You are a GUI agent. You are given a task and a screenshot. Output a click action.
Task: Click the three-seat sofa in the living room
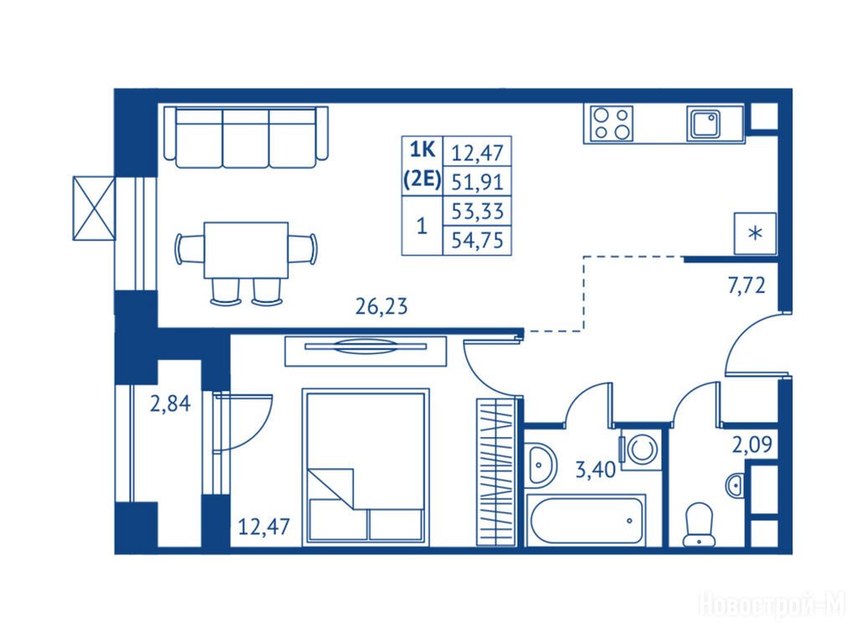coord(246,137)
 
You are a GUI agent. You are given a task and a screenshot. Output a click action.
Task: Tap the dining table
coord(246,250)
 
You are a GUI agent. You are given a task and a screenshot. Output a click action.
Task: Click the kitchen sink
coord(704,125)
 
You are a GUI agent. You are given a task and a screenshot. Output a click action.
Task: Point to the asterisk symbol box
coord(756,234)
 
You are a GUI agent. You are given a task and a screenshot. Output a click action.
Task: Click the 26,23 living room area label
coord(382,306)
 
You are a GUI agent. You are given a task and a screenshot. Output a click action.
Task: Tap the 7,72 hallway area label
coord(746,285)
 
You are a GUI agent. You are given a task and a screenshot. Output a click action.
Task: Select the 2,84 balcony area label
coord(171,404)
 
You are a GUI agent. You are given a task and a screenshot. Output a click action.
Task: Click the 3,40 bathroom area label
coord(595,469)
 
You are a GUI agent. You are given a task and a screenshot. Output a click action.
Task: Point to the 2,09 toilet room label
coord(752,445)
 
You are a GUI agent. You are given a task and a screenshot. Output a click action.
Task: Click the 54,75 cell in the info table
coord(477,240)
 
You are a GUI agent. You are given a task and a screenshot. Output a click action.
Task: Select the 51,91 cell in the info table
coord(477,181)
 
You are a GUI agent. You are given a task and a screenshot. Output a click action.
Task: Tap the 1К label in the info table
coord(422,149)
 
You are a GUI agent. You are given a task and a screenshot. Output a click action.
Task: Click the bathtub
coord(586,519)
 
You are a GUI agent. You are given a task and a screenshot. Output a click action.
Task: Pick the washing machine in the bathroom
coord(640,450)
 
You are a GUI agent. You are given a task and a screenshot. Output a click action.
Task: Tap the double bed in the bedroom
coord(366,466)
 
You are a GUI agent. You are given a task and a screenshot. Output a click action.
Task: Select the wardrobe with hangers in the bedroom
coord(496,472)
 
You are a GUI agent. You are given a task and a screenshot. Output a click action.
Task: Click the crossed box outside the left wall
coord(94,208)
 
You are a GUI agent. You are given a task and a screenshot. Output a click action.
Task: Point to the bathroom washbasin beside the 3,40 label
coord(541,464)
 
